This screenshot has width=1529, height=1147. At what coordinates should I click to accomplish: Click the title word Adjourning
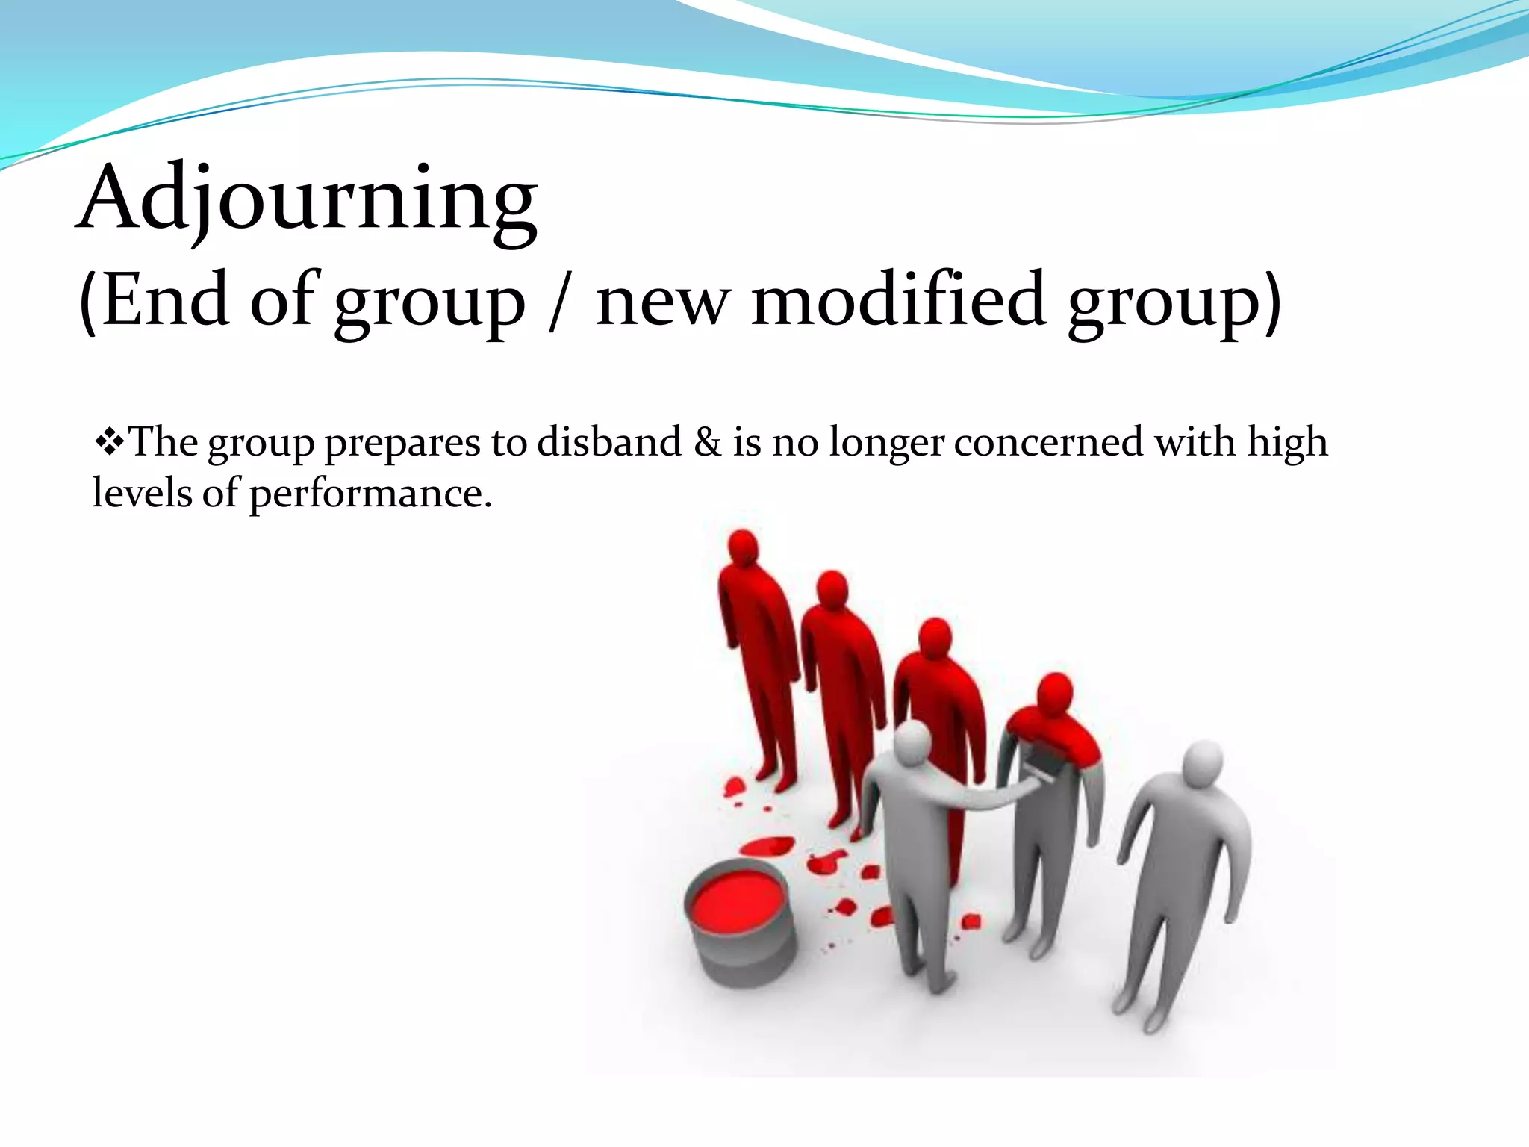[x=306, y=198]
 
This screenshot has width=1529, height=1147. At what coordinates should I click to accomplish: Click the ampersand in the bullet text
[x=707, y=442]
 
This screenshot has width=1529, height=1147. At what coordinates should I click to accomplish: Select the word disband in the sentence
[x=609, y=442]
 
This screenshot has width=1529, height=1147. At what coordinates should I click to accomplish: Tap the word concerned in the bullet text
[x=1048, y=442]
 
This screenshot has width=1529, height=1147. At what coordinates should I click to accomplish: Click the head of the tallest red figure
[x=743, y=549]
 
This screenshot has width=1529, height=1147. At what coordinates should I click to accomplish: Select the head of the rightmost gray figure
[x=1203, y=763]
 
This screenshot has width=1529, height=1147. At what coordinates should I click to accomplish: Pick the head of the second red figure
[x=831, y=590]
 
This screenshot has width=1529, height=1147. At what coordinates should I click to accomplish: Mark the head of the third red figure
[x=935, y=638]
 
